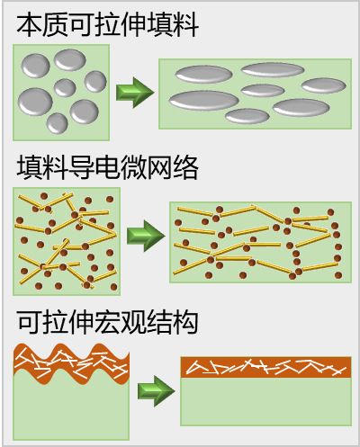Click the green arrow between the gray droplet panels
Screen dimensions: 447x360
coord(136,91)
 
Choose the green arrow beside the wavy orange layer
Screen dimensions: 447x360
coord(156,390)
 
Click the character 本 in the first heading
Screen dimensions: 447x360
coord(30,24)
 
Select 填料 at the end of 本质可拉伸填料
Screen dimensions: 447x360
coord(173,24)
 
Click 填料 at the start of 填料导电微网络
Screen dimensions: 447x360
coord(43,166)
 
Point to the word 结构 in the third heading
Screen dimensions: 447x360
coord(173,321)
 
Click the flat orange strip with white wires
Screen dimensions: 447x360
coord(265,367)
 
